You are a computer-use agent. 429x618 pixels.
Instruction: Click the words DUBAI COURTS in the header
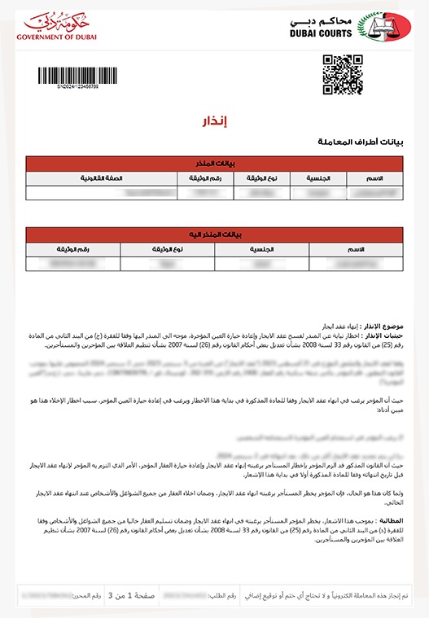click(x=321, y=33)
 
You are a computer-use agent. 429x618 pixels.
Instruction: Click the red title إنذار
click(x=214, y=123)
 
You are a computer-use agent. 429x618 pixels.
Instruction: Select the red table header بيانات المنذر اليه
click(x=215, y=234)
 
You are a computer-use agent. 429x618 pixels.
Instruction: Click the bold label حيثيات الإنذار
click(x=383, y=335)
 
